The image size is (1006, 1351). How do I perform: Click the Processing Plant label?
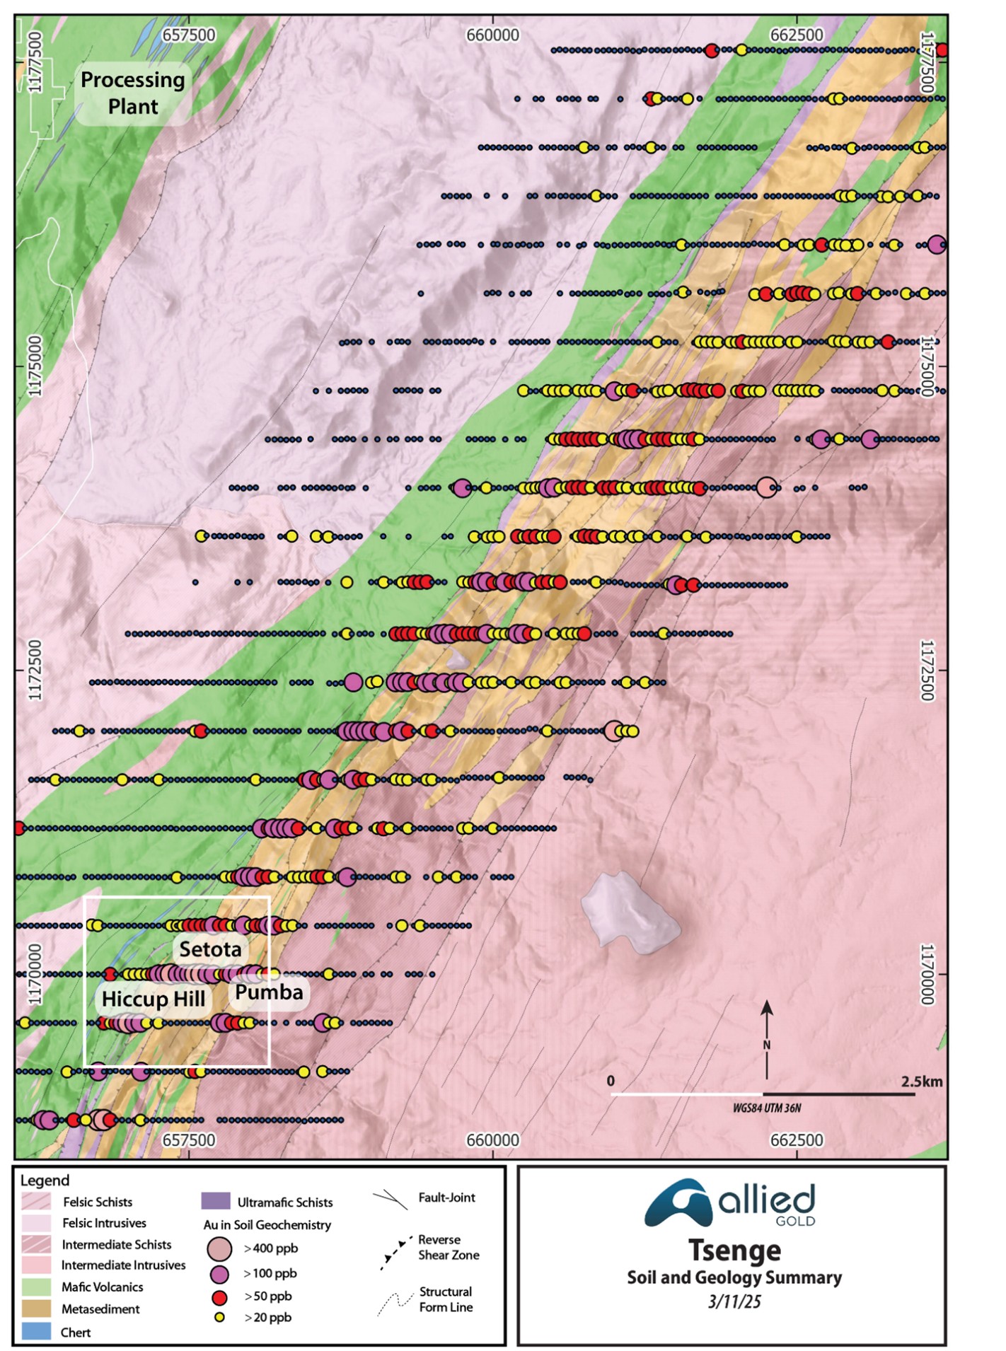(132, 93)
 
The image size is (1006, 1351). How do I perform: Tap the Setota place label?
(210, 949)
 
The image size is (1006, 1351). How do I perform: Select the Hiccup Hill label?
(153, 999)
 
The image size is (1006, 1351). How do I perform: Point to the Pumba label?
(269, 992)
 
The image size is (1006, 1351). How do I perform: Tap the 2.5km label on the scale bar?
(921, 1082)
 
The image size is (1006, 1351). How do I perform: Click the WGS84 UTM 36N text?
(766, 1108)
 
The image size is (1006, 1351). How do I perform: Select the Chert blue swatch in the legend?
(36, 1332)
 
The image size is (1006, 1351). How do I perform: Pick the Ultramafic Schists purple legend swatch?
(216, 1201)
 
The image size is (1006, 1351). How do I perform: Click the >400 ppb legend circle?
(219, 1248)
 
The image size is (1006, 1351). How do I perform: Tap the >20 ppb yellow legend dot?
(219, 1317)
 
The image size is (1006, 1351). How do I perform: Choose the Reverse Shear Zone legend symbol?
(395, 1253)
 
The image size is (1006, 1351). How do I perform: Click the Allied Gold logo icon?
(677, 1203)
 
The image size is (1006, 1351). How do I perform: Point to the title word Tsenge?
(734, 1251)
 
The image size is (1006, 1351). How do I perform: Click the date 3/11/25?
(734, 1301)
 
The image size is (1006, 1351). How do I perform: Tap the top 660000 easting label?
(492, 35)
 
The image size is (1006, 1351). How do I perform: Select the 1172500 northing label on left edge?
(35, 670)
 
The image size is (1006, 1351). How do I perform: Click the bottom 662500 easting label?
(797, 1140)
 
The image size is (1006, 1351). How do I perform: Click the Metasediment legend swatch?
(36, 1309)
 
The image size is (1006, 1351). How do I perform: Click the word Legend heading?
(45, 1180)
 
